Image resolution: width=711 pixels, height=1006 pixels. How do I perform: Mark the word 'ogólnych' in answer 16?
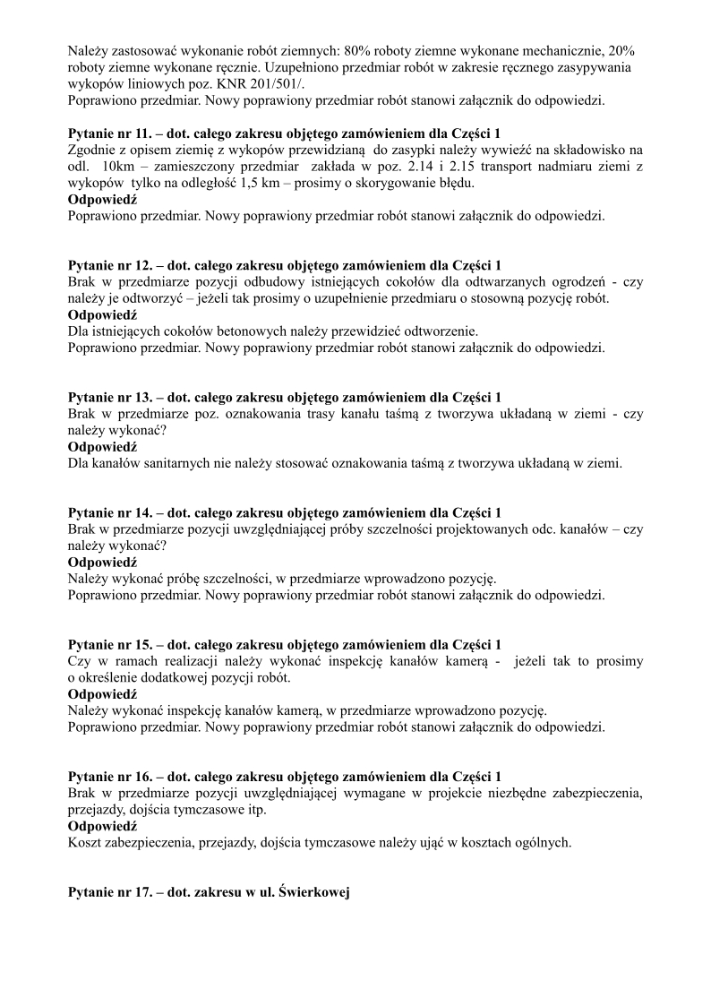click(542, 843)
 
